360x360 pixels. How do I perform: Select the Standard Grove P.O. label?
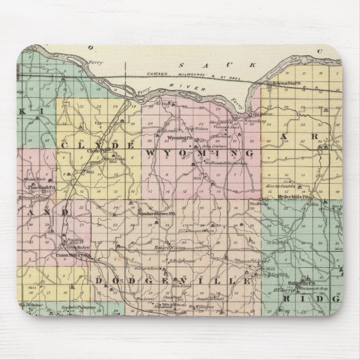[x=157, y=214]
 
